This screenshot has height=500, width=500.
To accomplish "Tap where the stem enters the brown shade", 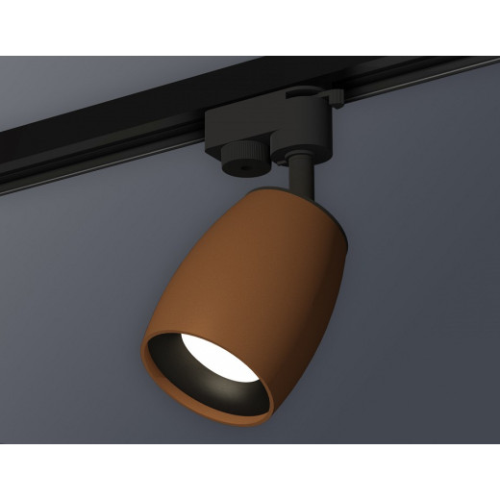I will [x=300, y=195].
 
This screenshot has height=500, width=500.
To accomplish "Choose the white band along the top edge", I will [x=250, y=27].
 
